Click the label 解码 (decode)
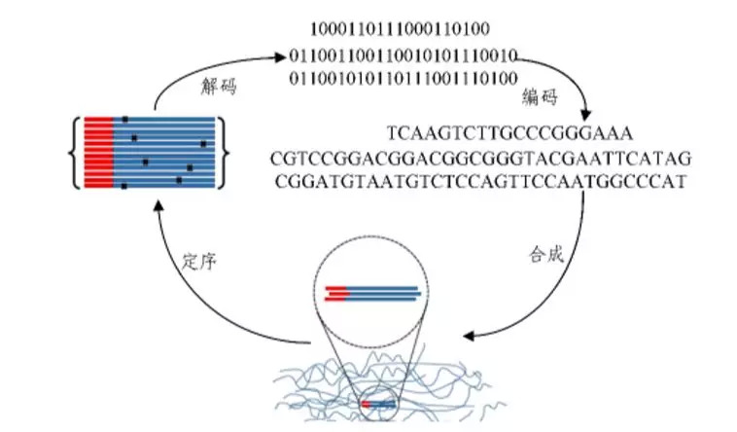point(219,87)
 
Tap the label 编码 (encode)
point(540,97)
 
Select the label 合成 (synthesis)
point(545,254)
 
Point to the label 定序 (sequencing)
point(199,261)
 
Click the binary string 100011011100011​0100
point(400,29)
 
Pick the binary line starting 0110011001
point(404,56)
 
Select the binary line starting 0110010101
point(404,78)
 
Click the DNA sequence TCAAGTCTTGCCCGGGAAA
point(510,133)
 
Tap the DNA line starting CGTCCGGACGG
point(481,159)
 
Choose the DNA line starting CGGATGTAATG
point(480,182)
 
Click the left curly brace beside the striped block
point(75,153)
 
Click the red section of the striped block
point(99,153)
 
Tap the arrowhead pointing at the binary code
point(280,57)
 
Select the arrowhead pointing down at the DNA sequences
point(585,115)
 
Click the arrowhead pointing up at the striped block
point(158,204)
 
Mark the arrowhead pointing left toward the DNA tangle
point(469,336)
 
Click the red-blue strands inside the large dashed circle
point(372,293)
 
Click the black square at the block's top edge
point(125,120)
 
